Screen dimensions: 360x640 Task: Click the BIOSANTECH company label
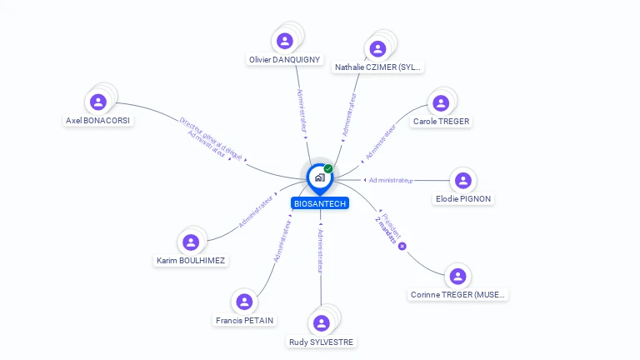tap(321, 203)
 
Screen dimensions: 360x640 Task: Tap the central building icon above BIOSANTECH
tap(320, 177)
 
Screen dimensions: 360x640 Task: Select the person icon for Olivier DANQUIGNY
tap(285, 41)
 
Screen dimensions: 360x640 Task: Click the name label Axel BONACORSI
tap(98, 120)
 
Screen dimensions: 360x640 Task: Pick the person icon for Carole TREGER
tap(441, 103)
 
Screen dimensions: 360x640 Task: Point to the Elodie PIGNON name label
tap(463, 199)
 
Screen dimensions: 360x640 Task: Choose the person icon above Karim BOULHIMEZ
tap(191, 242)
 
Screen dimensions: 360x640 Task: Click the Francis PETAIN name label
tap(244, 320)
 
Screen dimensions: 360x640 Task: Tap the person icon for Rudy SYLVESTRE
tap(321, 323)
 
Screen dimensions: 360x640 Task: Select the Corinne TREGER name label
tap(457, 294)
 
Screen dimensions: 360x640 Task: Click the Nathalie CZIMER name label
tap(377, 67)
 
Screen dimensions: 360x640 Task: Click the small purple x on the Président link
tap(402, 246)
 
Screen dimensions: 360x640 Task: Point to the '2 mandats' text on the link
tap(386, 230)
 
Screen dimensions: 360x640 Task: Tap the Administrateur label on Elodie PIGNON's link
tap(390, 180)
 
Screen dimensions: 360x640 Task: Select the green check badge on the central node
tap(328, 169)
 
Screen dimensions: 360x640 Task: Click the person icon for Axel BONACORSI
tap(98, 102)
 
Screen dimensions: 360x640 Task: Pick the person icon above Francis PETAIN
tap(244, 302)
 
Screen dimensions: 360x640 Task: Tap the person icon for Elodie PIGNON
tap(463, 181)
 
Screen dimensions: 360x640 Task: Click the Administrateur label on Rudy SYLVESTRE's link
tap(321, 252)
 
